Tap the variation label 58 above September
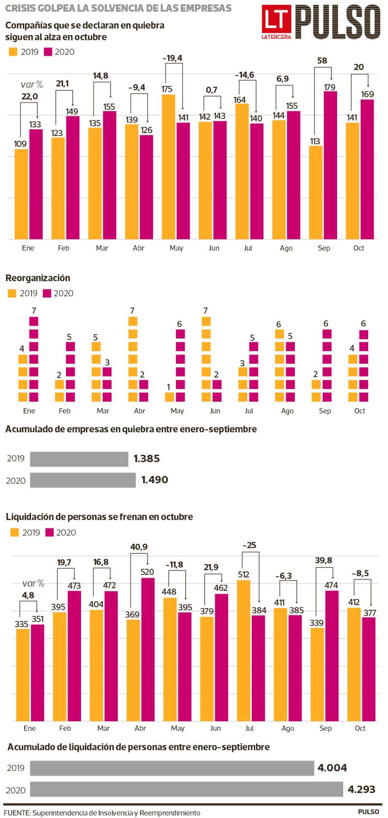pyautogui.click(x=322, y=61)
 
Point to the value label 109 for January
pyautogui.click(x=20, y=144)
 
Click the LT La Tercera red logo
pyautogui.click(x=276, y=22)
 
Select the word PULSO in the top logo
pyautogui.click(x=338, y=22)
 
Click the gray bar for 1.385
pyautogui.click(x=79, y=459)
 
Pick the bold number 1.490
pyautogui.click(x=155, y=480)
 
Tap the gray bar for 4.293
pyautogui.click(x=187, y=789)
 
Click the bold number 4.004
pyautogui.click(x=332, y=768)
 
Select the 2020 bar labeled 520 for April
pyautogui.click(x=147, y=649)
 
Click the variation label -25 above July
pyautogui.click(x=249, y=545)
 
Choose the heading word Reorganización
pyautogui.click(x=38, y=278)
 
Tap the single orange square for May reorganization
pyautogui.click(x=169, y=397)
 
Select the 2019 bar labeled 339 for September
pyautogui.click(x=317, y=674)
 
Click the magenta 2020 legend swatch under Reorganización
pyautogui.click(x=47, y=293)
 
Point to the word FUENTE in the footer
pyautogui.click(x=16, y=813)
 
